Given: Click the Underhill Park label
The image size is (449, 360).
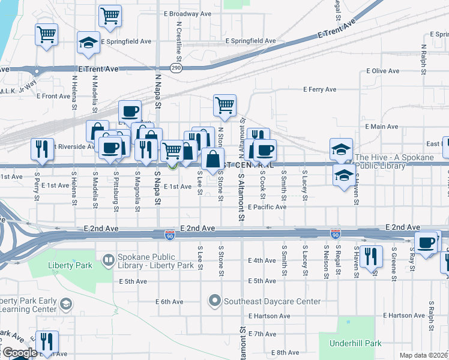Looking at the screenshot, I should point(356,344).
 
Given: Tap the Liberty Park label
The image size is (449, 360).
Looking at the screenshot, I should point(71,265).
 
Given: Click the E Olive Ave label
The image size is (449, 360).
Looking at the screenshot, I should point(382,71).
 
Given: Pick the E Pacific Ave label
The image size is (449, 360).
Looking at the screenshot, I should point(267,207).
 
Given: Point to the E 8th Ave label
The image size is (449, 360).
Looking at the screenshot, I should point(285,352).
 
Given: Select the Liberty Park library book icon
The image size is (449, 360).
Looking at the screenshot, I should point(108,260).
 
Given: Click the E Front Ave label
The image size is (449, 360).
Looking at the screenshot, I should point(53,96).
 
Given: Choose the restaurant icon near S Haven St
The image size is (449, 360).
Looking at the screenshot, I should point(370,255).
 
